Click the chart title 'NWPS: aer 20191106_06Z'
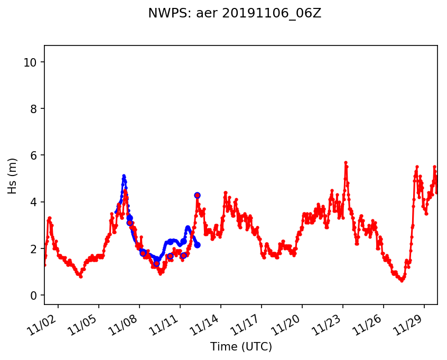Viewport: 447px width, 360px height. [235, 14]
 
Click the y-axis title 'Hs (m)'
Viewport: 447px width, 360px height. [13, 176]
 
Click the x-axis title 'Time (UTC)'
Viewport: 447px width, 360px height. [241, 347]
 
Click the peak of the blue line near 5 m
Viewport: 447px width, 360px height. [124, 176]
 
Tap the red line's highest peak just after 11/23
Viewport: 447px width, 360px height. [346, 162]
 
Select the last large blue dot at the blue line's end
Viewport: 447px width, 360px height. [197, 245]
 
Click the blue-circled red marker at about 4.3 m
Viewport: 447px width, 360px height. [197, 195]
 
